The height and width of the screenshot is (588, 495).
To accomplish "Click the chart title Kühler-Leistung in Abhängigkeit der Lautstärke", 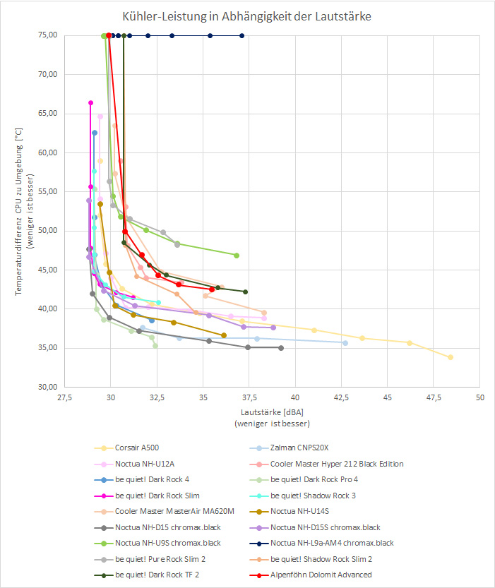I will click(246, 16).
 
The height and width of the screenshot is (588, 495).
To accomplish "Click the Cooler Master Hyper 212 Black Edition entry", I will click(338, 463).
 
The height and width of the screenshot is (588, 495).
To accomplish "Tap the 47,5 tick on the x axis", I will click(434, 397).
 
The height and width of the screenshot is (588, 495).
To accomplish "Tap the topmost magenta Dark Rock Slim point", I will click(90, 103).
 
